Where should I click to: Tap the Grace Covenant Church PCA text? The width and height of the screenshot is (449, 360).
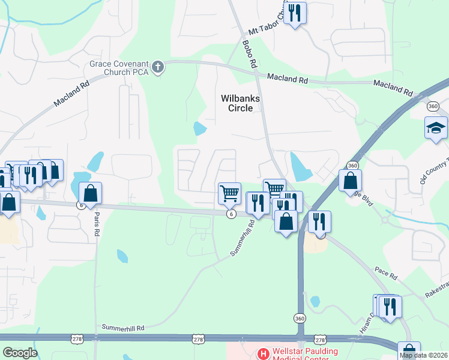pyautogui.click(x=119, y=67)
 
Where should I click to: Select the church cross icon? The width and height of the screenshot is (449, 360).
pyautogui.click(x=158, y=67)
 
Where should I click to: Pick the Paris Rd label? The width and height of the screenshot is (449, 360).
pyautogui.click(x=96, y=225)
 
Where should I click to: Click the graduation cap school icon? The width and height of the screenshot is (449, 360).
pyautogui.click(x=436, y=128)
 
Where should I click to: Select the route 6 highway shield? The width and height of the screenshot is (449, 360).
pyautogui.click(x=231, y=214)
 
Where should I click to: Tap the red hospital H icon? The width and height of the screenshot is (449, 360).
pyautogui.click(x=262, y=354)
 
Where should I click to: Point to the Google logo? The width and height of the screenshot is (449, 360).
pyautogui.click(x=19, y=352)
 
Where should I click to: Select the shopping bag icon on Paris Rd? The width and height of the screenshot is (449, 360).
pyautogui.click(x=90, y=193)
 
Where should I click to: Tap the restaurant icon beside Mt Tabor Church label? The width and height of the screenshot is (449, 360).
pyautogui.click(x=294, y=13)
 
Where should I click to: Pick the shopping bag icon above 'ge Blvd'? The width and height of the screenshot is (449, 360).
pyautogui.click(x=350, y=180)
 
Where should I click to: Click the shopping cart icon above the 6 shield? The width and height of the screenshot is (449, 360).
pyautogui.click(x=229, y=193)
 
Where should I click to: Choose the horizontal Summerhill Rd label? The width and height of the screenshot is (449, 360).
pyautogui.click(x=124, y=328)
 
